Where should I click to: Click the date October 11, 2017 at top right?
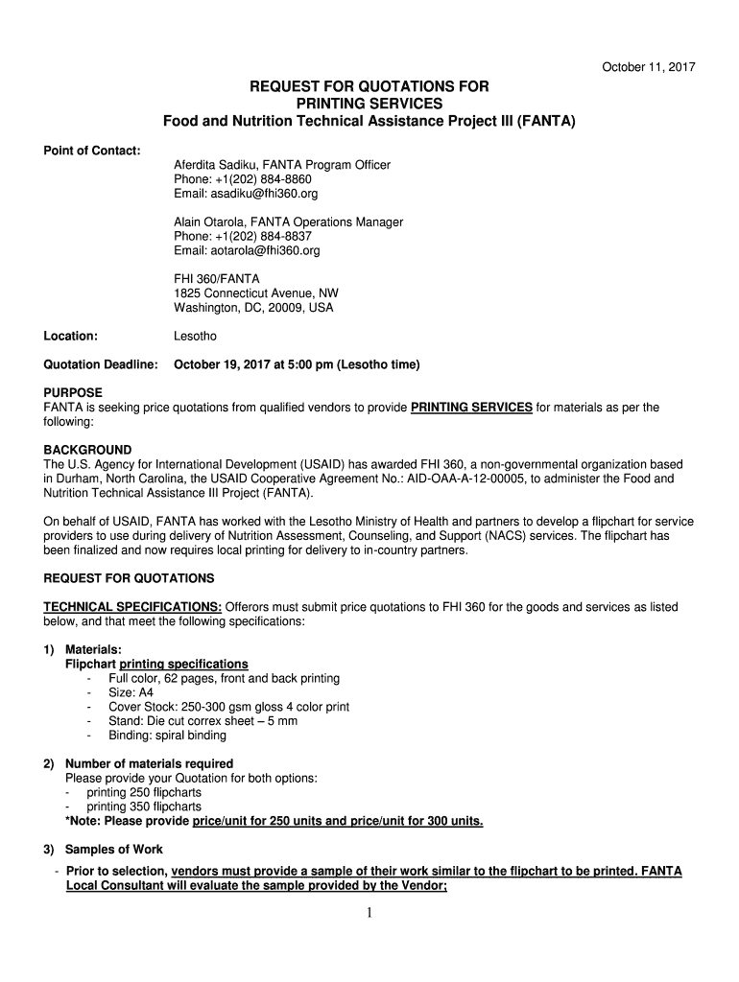pyautogui.click(x=648, y=67)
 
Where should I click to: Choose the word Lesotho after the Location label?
pyautogui.click(x=195, y=337)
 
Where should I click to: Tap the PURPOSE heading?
pyautogui.click(x=73, y=393)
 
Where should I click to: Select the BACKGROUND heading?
pyautogui.click(x=88, y=450)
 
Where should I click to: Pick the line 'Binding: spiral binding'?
pyautogui.click(x=167, y=736)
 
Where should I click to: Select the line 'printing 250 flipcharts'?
pyautogui.click(x=144, y=793)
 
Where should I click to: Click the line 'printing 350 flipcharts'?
pyautogui.click(x=144, y=807)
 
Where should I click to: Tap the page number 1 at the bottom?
pyautogui.click(x=370, y=912)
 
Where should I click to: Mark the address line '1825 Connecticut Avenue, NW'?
pyautogui.click(x=255, y=293)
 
